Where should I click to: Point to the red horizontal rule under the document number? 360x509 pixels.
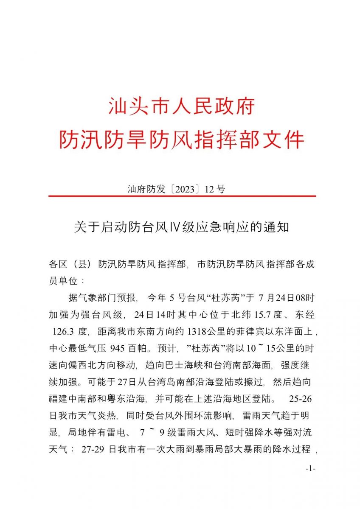pos(182,196)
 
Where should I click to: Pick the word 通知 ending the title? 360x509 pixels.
pos(278,227)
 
